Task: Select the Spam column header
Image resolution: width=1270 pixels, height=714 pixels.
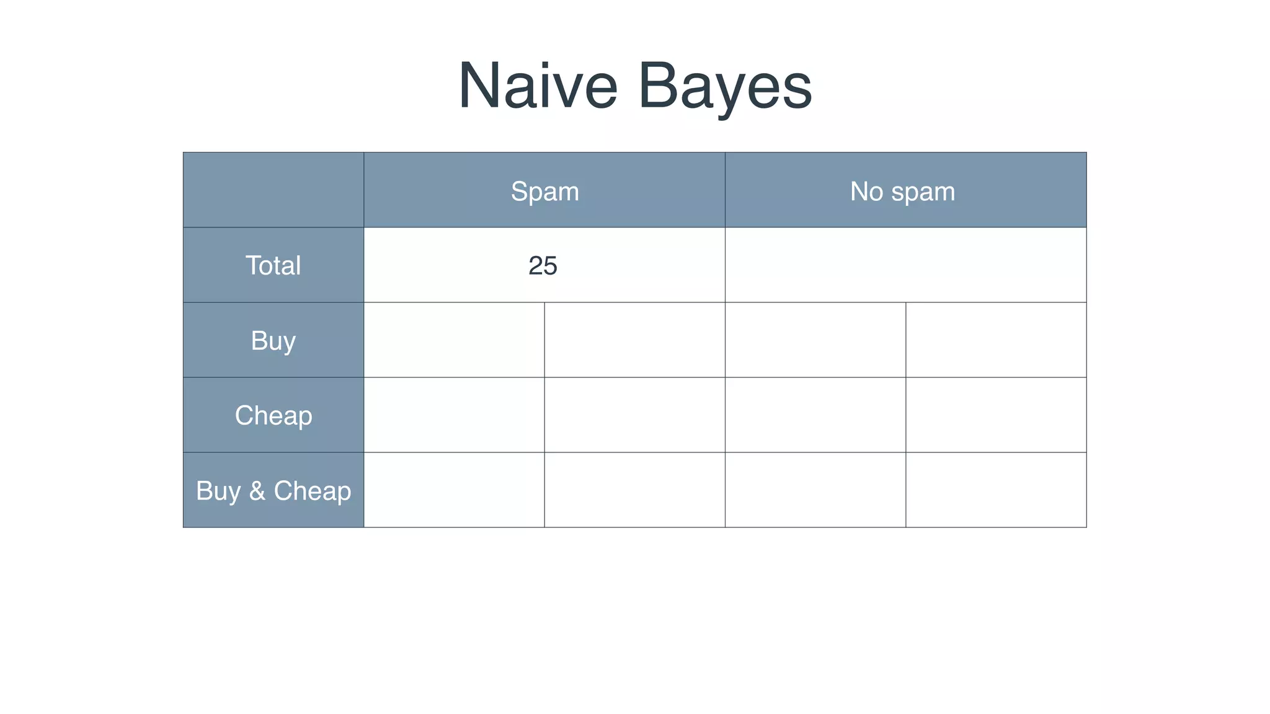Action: click(544, 191)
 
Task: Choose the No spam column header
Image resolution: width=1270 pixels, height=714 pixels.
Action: click(902, 191)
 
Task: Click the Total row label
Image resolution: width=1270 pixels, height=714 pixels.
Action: click(273, 265)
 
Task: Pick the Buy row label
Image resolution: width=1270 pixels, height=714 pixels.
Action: click(273, 340)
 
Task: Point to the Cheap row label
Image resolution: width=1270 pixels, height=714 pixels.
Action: click(273, 415)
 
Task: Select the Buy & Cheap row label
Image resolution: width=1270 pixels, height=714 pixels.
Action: click(273, 490)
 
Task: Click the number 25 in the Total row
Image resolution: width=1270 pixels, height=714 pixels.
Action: click(543, 266)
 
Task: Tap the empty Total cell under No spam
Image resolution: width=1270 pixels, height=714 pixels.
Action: click(905, 265)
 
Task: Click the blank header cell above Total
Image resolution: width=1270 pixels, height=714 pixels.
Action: click(273, 190)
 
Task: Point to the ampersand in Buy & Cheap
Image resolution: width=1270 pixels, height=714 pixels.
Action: click(257, 491)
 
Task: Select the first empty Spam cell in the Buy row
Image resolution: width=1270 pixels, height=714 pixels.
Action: click(454, 340)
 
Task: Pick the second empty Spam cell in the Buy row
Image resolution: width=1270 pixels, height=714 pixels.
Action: click(634, 340)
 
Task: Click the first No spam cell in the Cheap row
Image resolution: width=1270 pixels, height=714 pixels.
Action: click(815, 415)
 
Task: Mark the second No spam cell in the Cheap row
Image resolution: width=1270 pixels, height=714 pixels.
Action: click(996, 415)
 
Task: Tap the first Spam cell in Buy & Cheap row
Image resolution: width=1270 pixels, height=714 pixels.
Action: click(454, 490)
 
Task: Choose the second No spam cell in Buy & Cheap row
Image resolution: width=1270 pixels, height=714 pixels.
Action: click(996, 490)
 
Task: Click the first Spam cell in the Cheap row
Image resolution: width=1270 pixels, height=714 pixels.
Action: click(454, 415)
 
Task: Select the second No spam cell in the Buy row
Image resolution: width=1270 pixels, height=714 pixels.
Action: click(996, 340)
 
